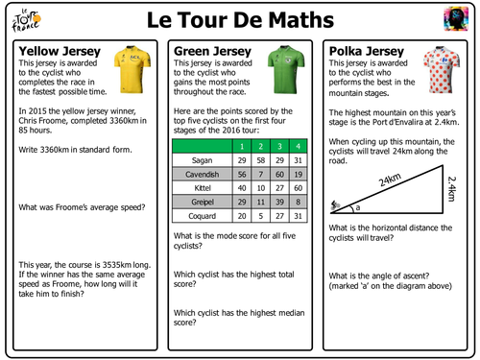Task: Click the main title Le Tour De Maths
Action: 240,20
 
